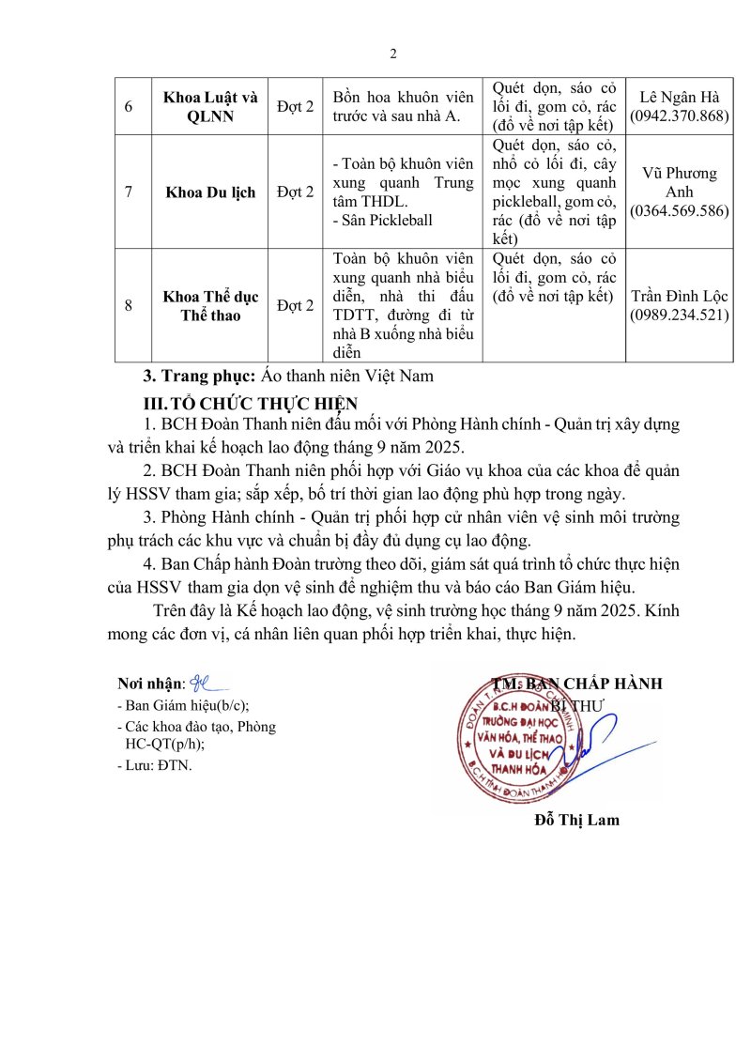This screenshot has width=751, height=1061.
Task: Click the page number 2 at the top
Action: point(393,54)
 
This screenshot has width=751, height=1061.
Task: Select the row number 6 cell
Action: point(129,105)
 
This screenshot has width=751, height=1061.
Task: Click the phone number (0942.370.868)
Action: point(680,115)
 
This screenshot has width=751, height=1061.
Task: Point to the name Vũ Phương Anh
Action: point(680,183)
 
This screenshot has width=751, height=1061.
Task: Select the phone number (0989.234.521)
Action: point(680,315)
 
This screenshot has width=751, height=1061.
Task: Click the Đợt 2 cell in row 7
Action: point(295,192)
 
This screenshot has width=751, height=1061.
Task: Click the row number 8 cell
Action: point(129,306)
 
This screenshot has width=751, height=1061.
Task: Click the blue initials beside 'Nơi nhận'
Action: point(207,682)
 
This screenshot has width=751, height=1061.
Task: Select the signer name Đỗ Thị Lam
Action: point(576,820)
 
